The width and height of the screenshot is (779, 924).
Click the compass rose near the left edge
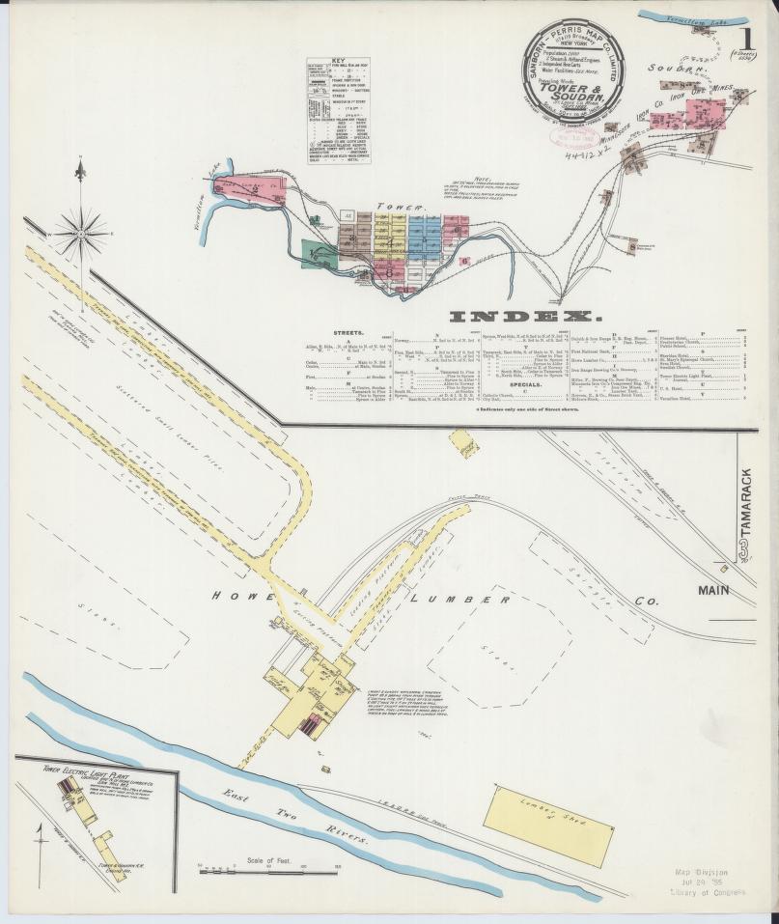(x=80, y=231)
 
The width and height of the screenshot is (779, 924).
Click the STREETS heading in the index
(x=320, y=332)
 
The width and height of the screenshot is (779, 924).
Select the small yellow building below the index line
(x=464, y=443)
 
